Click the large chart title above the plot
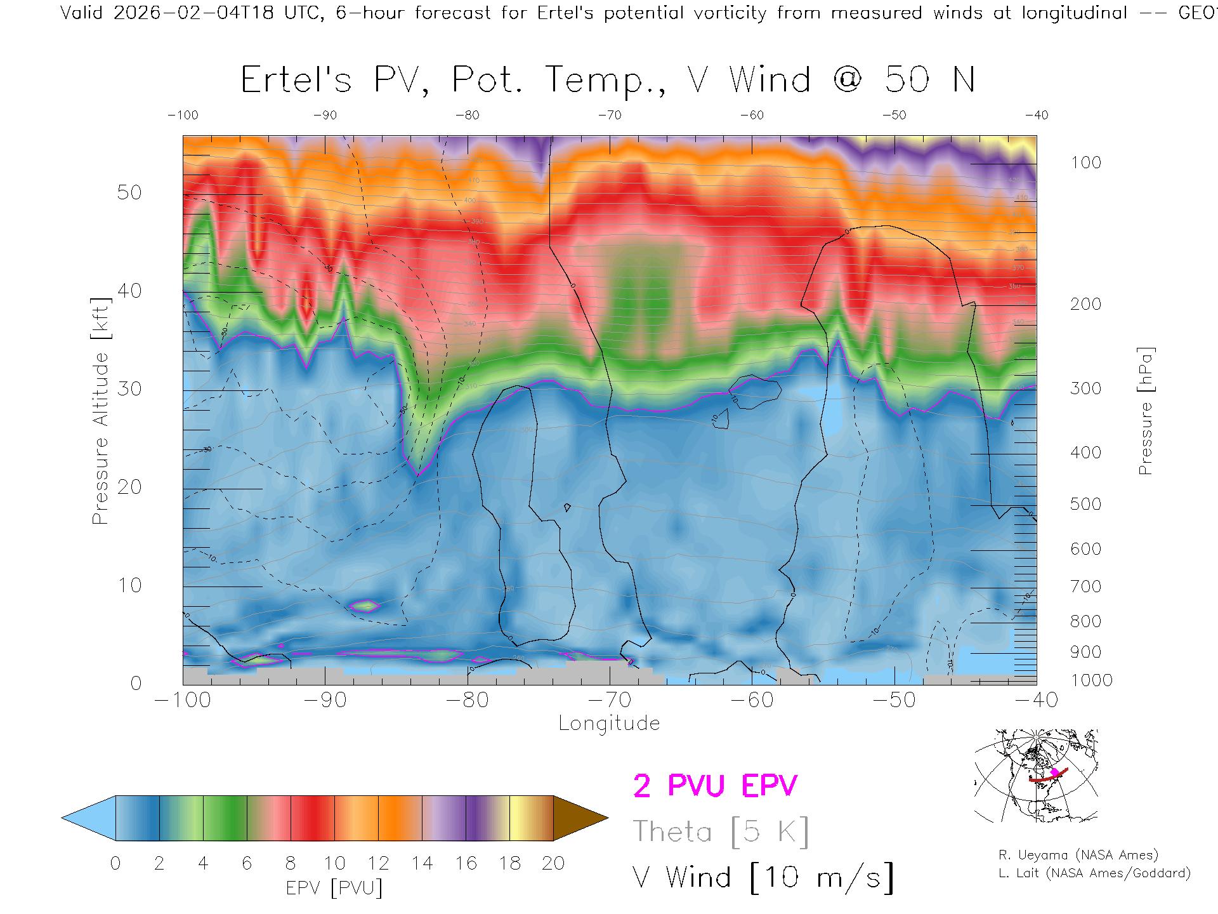click(608, 81)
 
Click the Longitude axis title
click(609, 724)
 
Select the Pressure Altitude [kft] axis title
click(100, 411)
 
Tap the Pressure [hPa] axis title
click(1145, 411)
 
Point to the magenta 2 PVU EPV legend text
click(715, 786)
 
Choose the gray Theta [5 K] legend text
click(721, 831)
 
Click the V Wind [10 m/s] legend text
click(763, 878)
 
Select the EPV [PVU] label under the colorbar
click(334, 888)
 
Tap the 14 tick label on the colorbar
click(422, 863)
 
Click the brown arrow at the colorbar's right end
click(579, 818)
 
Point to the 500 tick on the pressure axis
click(1085, 504)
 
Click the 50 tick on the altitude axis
click(129, 192)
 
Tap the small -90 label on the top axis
click(325, 116)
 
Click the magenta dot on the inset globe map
click(1055, 772)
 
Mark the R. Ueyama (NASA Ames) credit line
click(1078, 855)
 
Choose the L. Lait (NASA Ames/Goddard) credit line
click(1094, 873)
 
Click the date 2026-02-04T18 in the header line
click(193, 13)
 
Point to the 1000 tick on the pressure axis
click(1091, 680)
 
